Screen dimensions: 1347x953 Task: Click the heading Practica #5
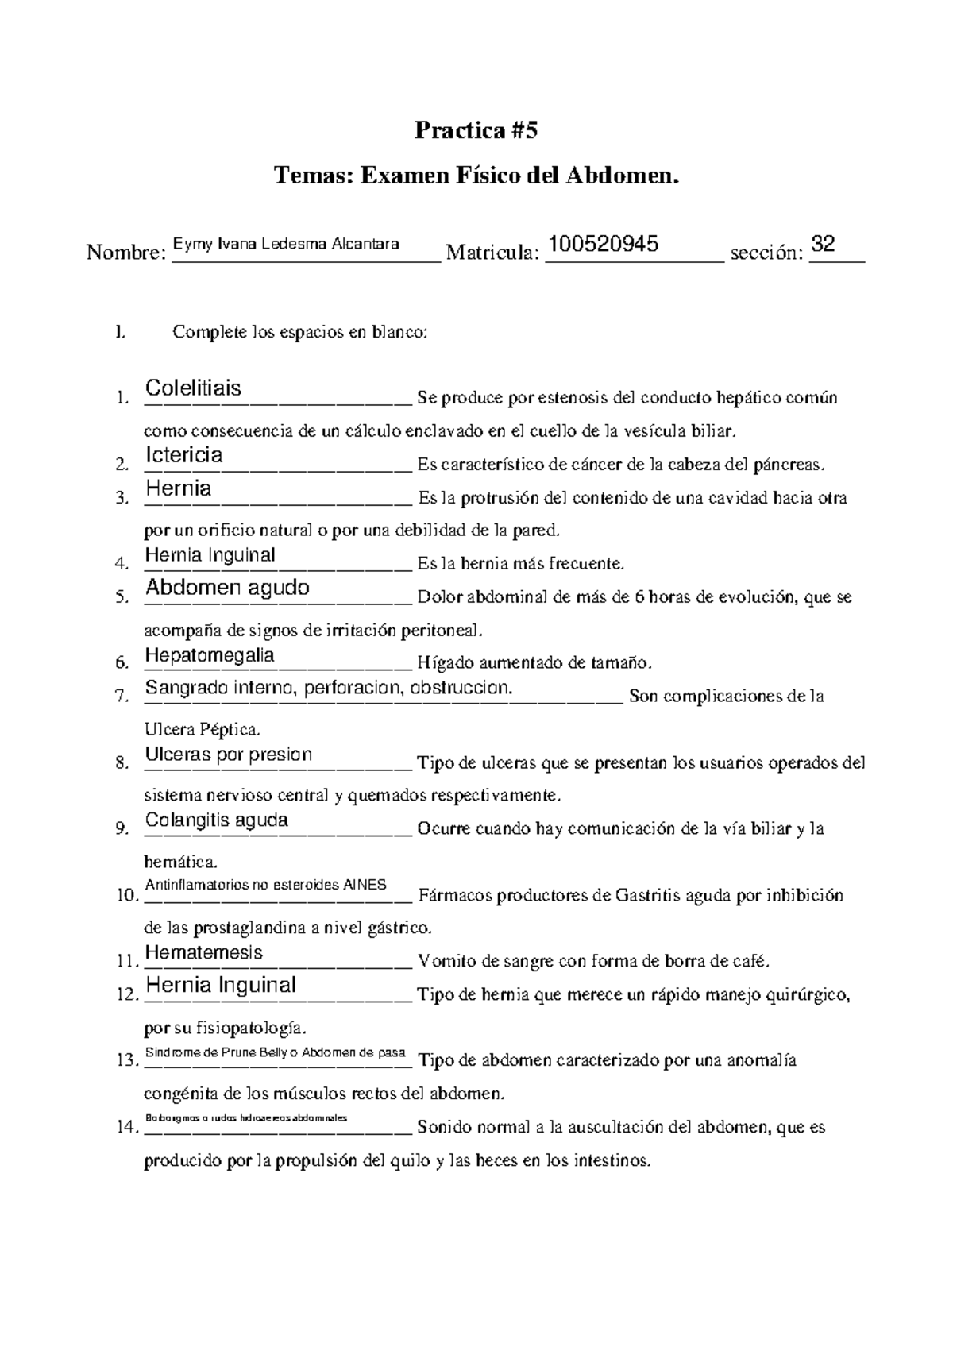point(476,130)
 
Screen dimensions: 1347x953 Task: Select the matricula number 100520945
point(604,244)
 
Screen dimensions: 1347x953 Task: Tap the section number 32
point(824,244)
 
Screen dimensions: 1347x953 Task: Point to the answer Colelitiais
point(194,388)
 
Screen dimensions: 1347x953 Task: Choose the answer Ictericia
point(184,455)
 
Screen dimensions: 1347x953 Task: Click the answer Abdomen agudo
point(227,588)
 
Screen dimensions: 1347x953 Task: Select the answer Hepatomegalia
point(210,655)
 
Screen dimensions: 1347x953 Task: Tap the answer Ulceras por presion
point(229,755)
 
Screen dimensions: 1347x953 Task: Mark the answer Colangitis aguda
point(216,820)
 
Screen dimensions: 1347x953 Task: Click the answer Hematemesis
point(203,952)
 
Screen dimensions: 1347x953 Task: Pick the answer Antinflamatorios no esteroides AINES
point(265,885)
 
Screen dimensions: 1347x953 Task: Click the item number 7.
point(121,697)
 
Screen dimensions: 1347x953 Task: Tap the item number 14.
point(125,1128)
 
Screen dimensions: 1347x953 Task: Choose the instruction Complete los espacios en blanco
point(299,332)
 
